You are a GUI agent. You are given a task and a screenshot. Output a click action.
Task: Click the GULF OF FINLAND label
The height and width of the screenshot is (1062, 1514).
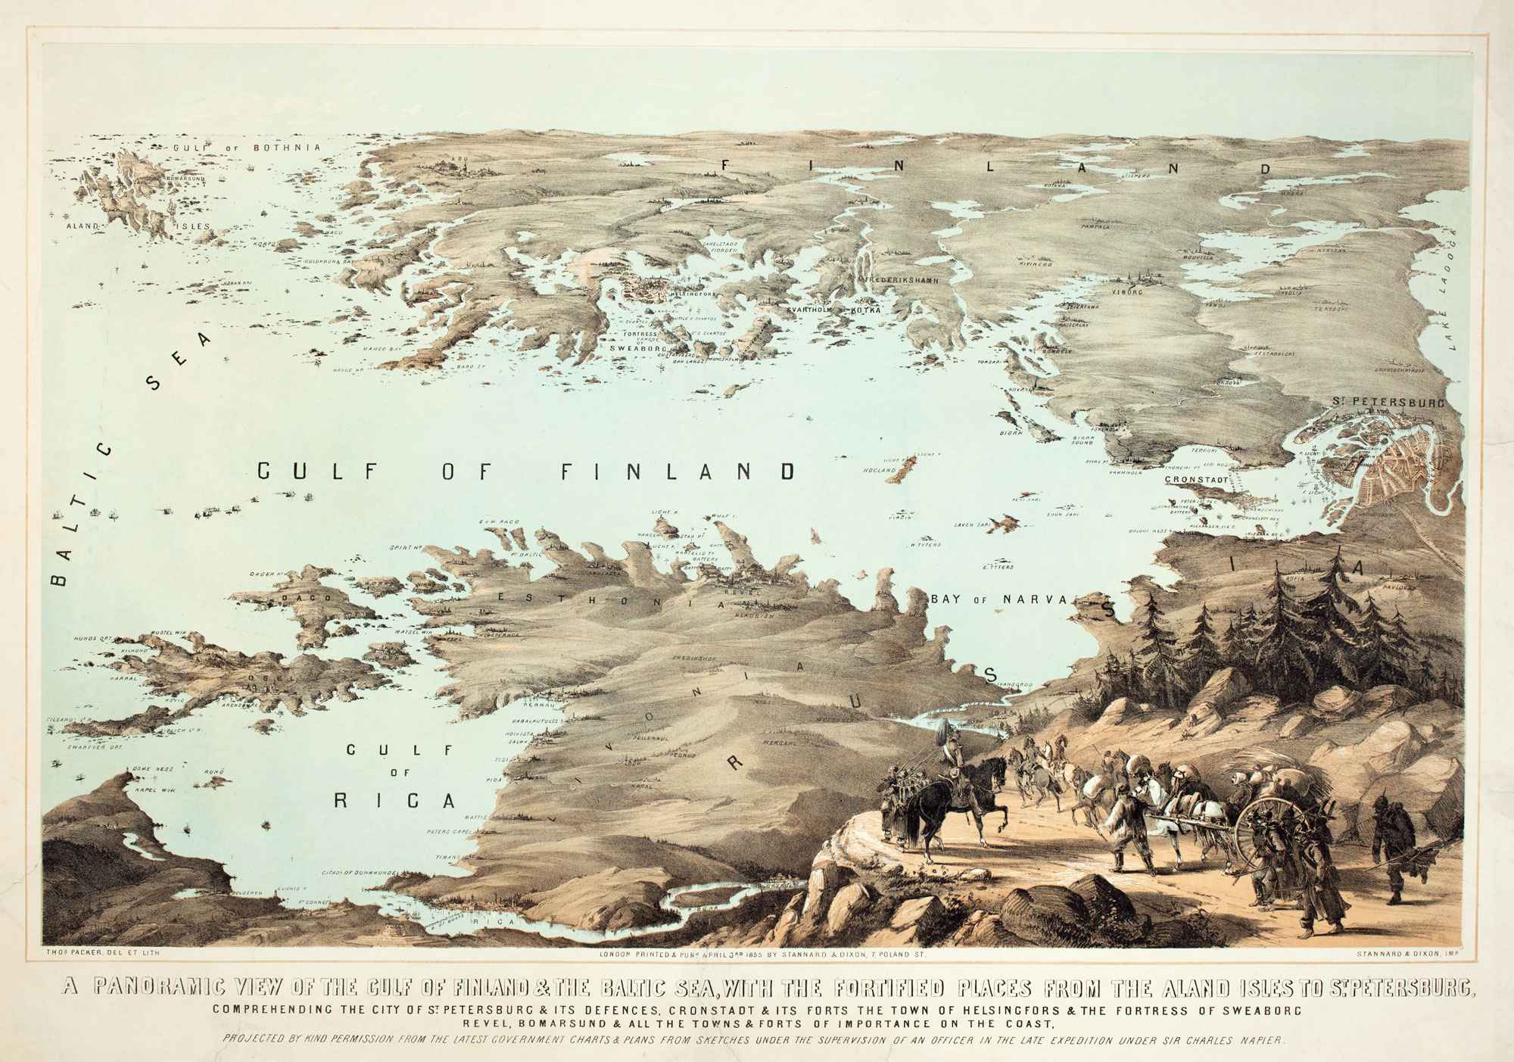pyautogui.click(x=526, y=472)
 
